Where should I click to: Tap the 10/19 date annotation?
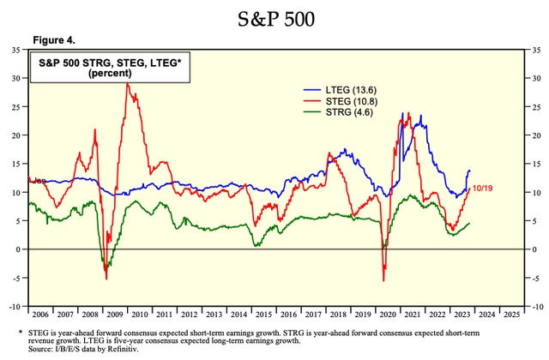(486, 188)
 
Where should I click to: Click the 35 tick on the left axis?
(15, 50)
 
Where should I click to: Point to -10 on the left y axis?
(14, 306)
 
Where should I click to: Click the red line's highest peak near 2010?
(128, 83)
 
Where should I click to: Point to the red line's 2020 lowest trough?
(383, 280)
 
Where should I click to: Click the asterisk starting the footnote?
(21, 331)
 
